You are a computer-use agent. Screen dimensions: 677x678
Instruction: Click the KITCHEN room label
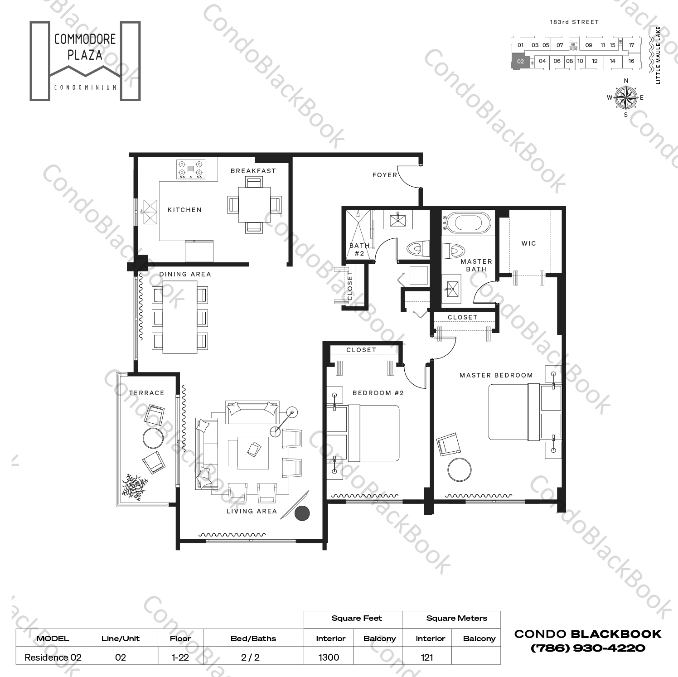[x=184, y=210]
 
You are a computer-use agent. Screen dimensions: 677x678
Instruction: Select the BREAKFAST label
[x=253, y=171]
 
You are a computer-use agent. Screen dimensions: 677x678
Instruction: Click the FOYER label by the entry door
[x=385, y=175]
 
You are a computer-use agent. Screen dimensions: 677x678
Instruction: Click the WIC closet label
[x=528, y=243]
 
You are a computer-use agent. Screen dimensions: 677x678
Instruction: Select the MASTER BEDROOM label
[x=496, y=375]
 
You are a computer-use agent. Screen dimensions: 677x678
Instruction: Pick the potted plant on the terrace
[x=135, y=487]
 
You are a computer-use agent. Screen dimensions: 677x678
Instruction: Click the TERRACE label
[x=146, y=393]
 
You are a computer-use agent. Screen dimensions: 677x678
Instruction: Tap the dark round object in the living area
[x=302, y=513]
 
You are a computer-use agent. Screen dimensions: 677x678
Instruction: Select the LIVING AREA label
[x=252, y=511]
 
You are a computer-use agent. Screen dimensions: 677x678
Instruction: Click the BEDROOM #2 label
[x=378, y=393]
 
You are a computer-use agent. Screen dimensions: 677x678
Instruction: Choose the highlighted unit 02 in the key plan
[x=520, y=61]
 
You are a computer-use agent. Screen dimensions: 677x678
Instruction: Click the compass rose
[x=625, y=97]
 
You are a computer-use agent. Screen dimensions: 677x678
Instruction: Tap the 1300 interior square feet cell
[x=329, y=657]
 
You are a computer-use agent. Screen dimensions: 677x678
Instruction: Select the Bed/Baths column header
[x=253, y=638]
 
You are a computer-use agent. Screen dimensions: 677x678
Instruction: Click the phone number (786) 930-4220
[x=587, y=648]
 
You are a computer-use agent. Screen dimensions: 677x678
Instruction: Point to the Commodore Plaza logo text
[x=85, y=47]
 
